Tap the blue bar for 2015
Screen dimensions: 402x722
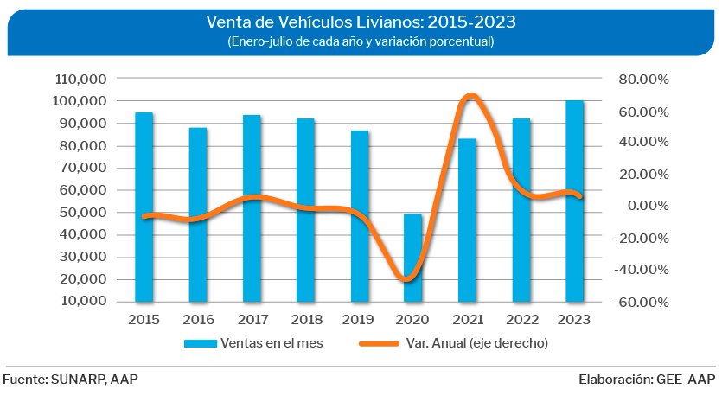click(144, 207)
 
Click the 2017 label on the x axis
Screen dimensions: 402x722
click(252, 319)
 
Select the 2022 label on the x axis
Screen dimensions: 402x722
click(521, 319)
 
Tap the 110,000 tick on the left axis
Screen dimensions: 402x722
click(86, 79)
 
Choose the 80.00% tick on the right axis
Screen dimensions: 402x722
click(644, 79)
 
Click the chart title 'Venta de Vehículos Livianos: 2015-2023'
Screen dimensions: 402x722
click(361, 20)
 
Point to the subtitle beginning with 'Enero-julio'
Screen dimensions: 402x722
click(361, 41)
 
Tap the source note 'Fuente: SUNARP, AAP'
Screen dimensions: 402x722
click(71, 380)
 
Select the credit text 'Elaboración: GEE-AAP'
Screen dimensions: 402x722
click(648, 380)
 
